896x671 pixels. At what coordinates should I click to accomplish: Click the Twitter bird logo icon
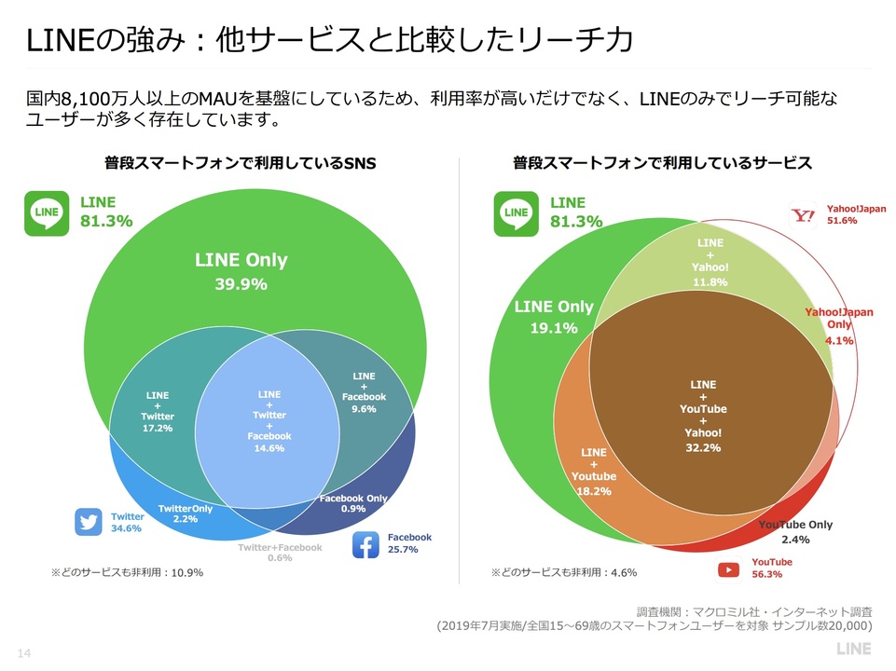pos(89,522)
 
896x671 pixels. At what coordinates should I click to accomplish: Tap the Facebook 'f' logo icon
pos(365,544)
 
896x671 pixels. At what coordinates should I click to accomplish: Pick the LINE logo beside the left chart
pos(47,212)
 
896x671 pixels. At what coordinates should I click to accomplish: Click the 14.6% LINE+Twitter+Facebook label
pos(269,421)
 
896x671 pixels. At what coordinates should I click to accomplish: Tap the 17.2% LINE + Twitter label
pos(157,415)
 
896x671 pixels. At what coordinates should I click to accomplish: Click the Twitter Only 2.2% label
pos(186,514)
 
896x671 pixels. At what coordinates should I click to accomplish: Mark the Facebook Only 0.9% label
pos(353,503)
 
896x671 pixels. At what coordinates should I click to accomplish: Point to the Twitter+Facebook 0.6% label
pos(280,553)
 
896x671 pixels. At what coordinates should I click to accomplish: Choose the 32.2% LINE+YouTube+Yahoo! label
pos(702,416)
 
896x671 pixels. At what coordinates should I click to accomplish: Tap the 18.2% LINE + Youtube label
pos(594,471)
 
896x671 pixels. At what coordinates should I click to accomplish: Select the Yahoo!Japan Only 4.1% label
pos(839,326)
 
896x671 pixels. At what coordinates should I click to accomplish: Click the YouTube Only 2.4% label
pos(795,532)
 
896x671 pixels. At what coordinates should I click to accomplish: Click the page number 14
pos(25,650)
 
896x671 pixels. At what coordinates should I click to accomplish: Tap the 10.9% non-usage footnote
pos(127,572)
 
